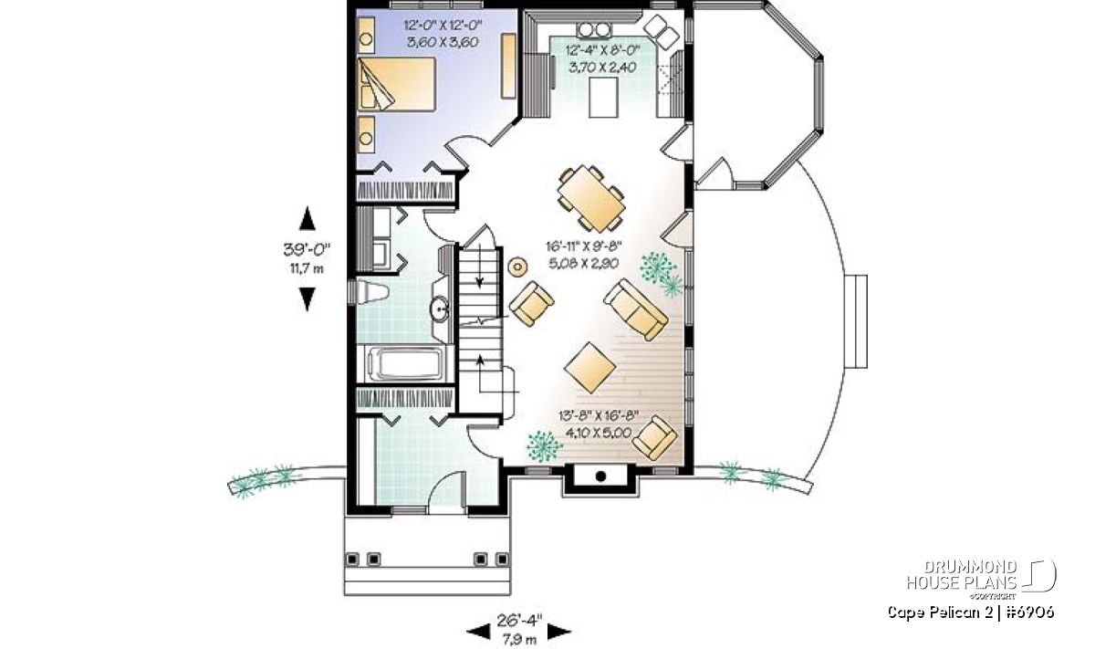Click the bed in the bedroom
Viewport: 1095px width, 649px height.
396,85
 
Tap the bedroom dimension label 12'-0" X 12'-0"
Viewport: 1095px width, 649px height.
443,25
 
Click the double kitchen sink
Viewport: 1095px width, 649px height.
594,30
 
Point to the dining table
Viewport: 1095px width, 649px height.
591,198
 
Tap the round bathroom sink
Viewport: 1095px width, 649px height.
439,309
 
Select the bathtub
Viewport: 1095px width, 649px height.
406,363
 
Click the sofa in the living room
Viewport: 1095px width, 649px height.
636,309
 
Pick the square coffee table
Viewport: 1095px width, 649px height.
589,368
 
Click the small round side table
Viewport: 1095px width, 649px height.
517,267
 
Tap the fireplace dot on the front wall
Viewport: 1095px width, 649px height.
600,476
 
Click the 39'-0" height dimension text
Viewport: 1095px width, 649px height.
307,250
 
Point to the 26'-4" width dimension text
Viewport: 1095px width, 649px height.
519,621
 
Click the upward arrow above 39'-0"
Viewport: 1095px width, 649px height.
307,218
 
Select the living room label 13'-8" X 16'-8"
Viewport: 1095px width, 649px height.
600,416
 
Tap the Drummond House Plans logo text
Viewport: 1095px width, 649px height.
962,575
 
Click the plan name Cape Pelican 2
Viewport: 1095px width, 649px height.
940,612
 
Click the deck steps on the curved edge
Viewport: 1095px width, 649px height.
857,321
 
